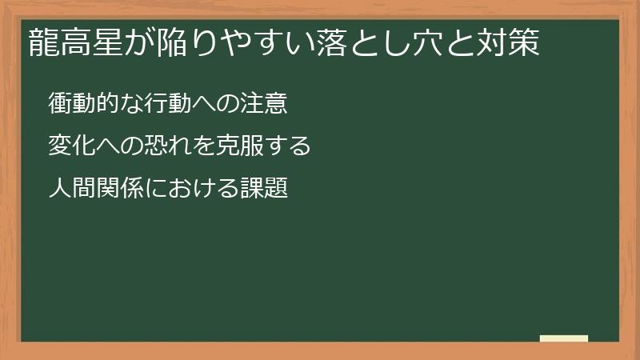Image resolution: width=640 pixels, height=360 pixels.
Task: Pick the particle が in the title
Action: coord(134,42)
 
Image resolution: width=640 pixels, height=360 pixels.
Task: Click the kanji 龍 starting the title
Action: coord(42,42)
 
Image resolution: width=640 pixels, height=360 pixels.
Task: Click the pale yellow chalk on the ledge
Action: coord(563,338)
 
